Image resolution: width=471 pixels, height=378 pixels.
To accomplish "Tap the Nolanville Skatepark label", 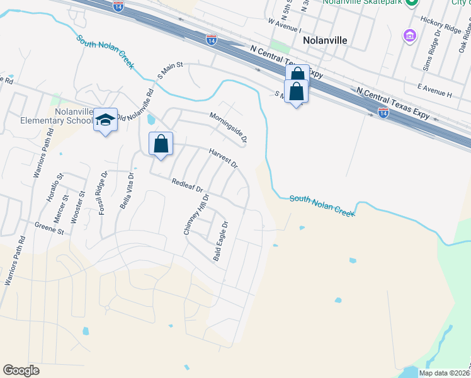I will tap(363, 3).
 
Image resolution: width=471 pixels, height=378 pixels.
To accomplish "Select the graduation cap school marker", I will tap(106, 120).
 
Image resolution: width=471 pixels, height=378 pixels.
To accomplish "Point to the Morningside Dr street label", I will tap(228, 126).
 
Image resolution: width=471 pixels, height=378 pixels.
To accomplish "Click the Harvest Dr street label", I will tap(224, 157).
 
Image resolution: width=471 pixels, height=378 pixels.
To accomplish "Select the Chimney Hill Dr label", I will tap(196, 214).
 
